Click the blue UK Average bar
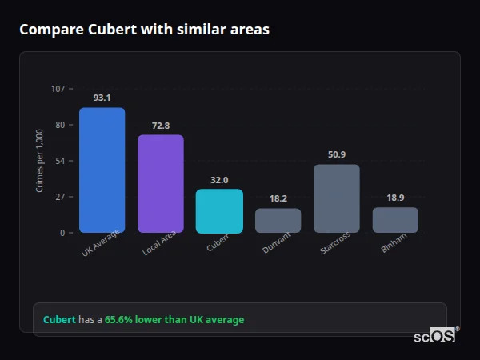coord(102,170)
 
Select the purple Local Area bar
coord(161,183)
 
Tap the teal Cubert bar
coord(219,210)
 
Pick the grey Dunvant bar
coord(278,220)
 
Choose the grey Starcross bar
coord(337,198)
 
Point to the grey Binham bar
coord(395,220)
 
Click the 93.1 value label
coord(102,98)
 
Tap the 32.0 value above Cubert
coord(219,180)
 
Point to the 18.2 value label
coord(278,198)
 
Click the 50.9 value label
coord(337,154)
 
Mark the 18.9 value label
coord(395,198)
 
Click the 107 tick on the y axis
coord(58,88)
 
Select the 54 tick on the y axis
coord(60,161)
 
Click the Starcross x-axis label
coord(335,243)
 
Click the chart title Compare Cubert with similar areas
coord(144,30)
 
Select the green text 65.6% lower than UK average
coord(174,320)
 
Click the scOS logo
coord(434,337)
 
